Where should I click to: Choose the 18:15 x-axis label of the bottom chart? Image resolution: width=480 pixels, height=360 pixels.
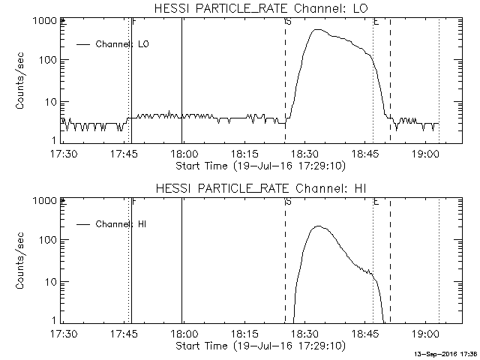pos(244,333)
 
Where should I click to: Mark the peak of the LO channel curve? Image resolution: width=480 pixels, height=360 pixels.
pos(318,30)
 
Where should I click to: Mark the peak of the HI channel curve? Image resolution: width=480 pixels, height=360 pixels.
pos(318,226)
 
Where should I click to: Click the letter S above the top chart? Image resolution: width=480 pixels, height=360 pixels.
pos(288,22)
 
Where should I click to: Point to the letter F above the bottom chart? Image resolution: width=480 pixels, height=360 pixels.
pos(133,202)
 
